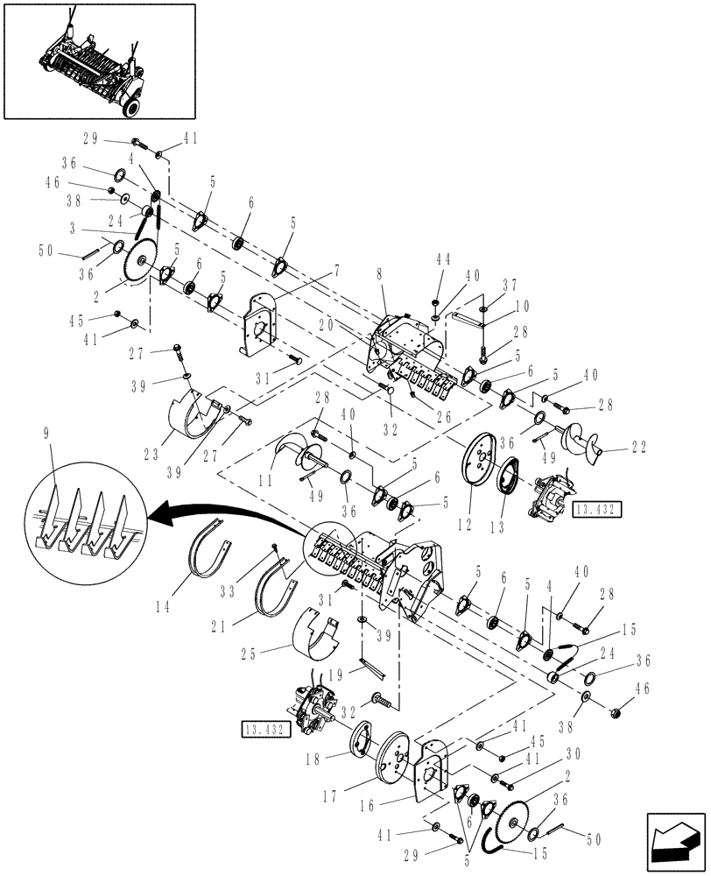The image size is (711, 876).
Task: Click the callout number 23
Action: coord(150,455)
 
